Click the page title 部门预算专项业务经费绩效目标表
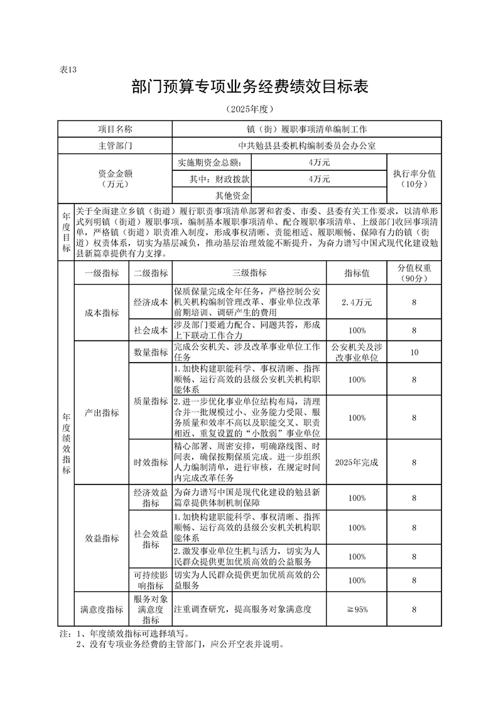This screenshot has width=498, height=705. tap(249, 87)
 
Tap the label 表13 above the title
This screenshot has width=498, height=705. tap(67, 70)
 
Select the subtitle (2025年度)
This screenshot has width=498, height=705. tap(249, 109)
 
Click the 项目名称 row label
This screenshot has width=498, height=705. tap(116, 129)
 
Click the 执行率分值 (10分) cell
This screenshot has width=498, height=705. tap(414, 178)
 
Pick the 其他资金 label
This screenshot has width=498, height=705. tap(232, 195)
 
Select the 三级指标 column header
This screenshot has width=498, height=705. tap(249, 273)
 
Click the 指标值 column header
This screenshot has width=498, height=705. tap(356, 273)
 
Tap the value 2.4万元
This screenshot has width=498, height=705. tap(356, 302)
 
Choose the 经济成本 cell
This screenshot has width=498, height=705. tap(150, 302)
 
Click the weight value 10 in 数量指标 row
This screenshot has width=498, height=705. tap(414, 352)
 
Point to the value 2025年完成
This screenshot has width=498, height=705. tap(356, 462)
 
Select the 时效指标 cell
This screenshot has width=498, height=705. tap(150, 462)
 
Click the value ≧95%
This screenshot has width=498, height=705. tap(356, 609)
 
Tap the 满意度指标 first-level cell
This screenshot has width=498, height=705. tap(101, 609)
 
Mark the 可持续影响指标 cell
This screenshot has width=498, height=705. tap(150, 580)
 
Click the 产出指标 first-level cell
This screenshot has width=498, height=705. tap(101, 413)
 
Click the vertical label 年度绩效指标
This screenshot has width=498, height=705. tap(66, 444)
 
